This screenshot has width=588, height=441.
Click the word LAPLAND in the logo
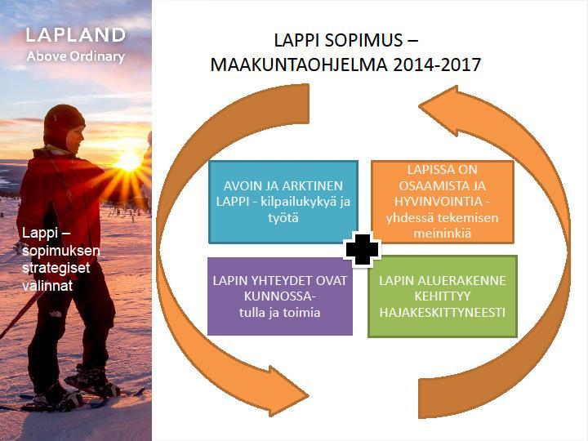[75, 35]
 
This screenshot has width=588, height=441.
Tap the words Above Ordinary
[76, 56]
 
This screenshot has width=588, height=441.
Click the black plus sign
[362, 250]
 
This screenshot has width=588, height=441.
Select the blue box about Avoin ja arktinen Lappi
[283, 203]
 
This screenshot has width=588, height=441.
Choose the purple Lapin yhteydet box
[280, 296]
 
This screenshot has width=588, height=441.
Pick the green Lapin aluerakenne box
[443, 296]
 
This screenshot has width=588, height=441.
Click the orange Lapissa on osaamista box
[442, 202]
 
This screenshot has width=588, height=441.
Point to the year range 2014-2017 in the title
[437, 65]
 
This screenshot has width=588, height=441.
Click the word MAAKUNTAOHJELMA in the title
[299, 65]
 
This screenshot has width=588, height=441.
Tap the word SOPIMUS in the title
[363, 40]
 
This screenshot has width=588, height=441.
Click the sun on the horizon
[128, 162]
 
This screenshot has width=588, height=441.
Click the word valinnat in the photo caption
[47, 286]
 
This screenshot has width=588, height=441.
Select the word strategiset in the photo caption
[56, 268]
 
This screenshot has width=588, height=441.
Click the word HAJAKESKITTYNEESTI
[442, 312]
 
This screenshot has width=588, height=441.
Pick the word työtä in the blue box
[283, 218]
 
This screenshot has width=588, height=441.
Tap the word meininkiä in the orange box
[442, 234]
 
